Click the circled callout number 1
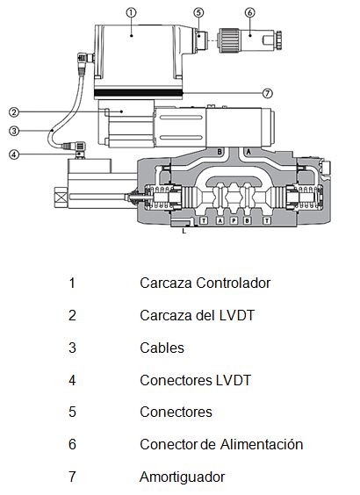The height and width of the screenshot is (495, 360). coord(131,12)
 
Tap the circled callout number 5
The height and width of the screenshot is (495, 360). coord(198,12)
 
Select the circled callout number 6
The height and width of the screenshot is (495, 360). coord(249,12)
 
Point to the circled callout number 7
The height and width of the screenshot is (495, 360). coord(268,93)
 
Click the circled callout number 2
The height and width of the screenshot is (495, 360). coord(13,111)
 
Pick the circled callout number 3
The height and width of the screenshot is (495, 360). coord(13,131)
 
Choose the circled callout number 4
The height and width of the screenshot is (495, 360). coord(13,154)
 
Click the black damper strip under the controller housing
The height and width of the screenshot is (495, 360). coord(139,93)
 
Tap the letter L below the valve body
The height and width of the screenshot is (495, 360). coord(184,231)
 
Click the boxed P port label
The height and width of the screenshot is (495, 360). coord(234,220)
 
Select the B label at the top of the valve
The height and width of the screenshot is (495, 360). coord(220,152)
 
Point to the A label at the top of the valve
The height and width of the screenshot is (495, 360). coord(248,152)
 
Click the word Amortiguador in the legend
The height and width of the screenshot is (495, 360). coord(183,477)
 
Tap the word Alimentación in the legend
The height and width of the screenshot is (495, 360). coord(262,444)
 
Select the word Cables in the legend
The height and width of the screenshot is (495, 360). coord(162,348)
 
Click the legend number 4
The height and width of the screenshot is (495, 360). coord(72,380)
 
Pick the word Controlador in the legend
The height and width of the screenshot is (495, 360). coord(233,283)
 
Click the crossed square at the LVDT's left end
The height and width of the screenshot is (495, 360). coord(61,197)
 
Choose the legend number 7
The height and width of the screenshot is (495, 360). coord(72,477)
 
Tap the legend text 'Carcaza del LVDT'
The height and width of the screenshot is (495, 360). coord(197,315)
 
